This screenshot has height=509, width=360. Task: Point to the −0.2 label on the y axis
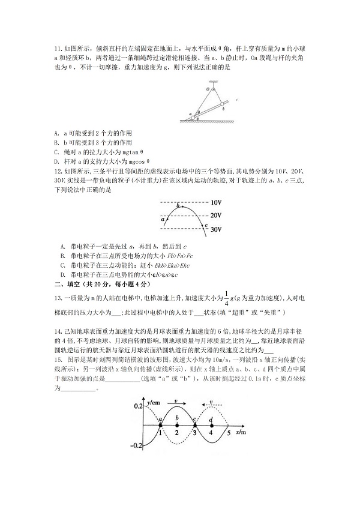tap(136, 445)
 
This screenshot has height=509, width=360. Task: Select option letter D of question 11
tap(56, 161)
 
